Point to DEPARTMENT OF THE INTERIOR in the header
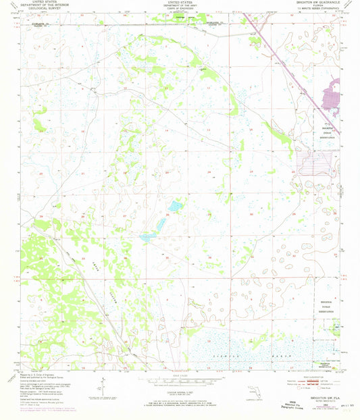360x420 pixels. pos(41,6)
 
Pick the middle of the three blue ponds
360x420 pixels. pos(161,222)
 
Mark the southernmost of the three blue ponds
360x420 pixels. pos(147,237)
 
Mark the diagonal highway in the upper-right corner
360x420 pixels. pos(274,54)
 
